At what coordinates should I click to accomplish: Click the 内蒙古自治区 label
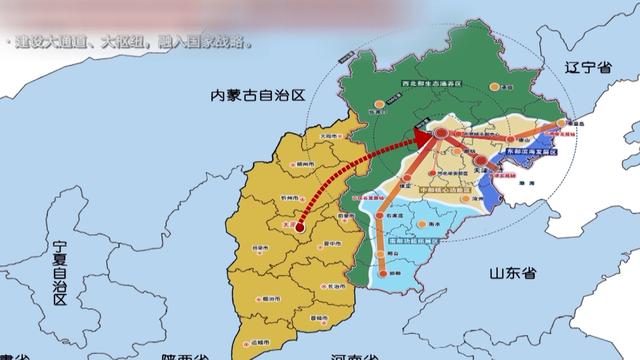256,95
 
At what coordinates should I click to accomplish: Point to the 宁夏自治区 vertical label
60,269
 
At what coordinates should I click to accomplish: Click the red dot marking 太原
300,227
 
